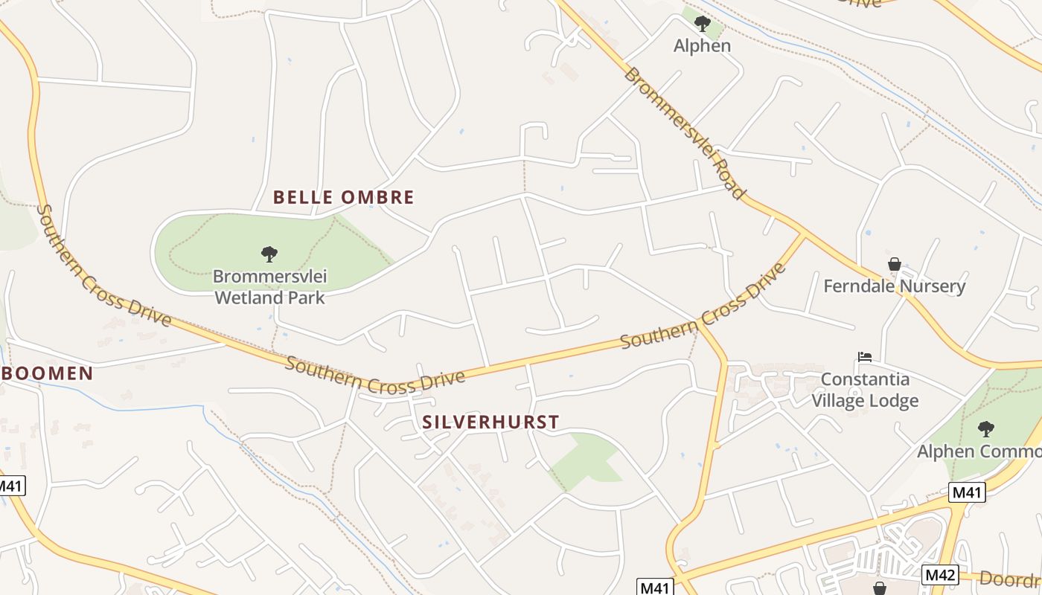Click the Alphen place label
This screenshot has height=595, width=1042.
pyautogui.click(x=702, y=46)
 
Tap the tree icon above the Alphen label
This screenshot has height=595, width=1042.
pyautogui.click(x=702, y=24)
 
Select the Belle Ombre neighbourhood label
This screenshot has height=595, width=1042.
pyautogui.click(x=343, y=197)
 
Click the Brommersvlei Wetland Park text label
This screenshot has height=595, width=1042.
pyautogui.click(x=269, y=287)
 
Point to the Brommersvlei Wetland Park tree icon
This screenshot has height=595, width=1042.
pyautogui.click(x=269, y=254)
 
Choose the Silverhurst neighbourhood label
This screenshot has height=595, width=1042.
pyautogui.click(x=490, y=422)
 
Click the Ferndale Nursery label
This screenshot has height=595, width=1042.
pyautogui.click(x=894, y=286)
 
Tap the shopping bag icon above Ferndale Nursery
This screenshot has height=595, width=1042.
pyautogui.click(x=894, y=264)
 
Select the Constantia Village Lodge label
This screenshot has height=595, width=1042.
pyautogui.click(x=865, y=390)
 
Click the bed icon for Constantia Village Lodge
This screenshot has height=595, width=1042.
pyautogui.click(x=864, y=357)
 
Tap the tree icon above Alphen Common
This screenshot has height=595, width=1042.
pyautogui.click(x=985, y=428)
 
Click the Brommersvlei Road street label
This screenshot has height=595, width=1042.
pyautogui.click(x=684, y=133)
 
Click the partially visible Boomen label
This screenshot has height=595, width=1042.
pyautogui.click(x=47, y=373)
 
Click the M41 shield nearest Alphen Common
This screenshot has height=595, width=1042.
pyautogui.click(x=968, y=492)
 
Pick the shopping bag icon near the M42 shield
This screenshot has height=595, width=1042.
pyautogui.click(x=880, y=588)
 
